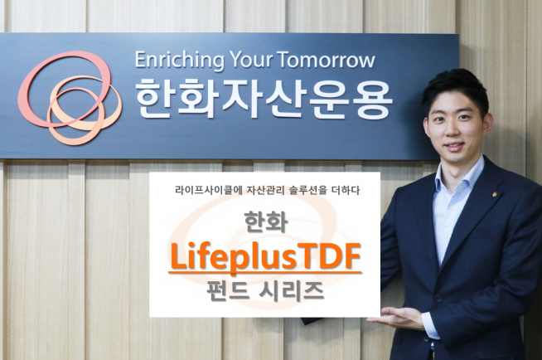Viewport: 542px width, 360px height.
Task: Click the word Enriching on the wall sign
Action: coord(176,61)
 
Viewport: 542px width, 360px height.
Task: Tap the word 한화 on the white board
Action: coord(264,223)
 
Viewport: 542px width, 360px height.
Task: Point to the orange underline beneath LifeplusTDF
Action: coord(265,272)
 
